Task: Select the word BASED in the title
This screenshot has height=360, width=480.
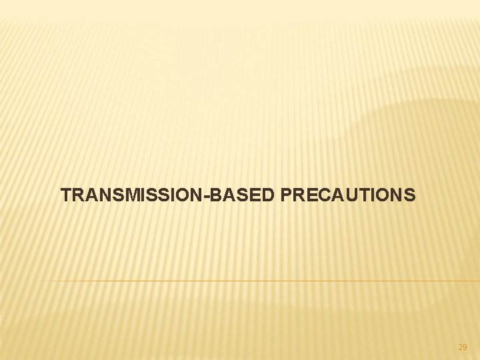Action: (x=247, y=195)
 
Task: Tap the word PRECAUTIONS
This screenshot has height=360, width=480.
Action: (x=349, y=195)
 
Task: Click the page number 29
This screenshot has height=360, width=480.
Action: (x=463, y=347)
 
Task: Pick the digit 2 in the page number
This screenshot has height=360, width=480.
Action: (x=460, y=347)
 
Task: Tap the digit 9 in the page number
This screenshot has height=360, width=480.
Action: (x=465, y=347)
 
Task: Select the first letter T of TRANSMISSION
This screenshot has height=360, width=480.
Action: (x=65, y=195)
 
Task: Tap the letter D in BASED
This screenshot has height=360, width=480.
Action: (x=270, y=195)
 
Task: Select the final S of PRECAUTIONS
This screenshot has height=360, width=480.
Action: (x=409, y=195)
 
